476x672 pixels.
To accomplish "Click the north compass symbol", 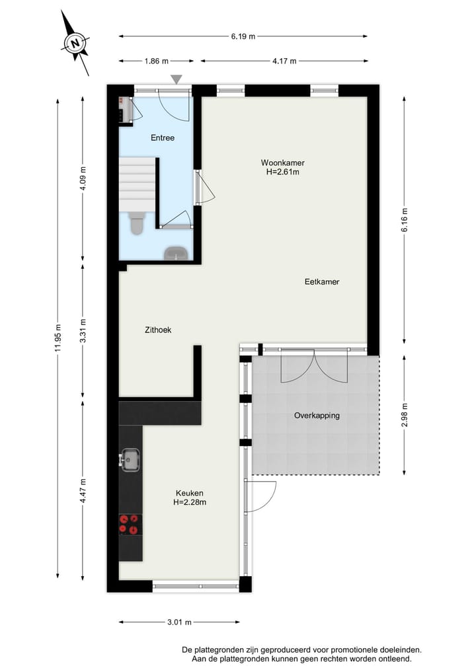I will pyautogui.click(x=75, y=44).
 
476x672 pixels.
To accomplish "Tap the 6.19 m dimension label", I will pyautogui.click(x=243, y=37).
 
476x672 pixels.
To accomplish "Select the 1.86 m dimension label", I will pyautogui.click(x=156, y=61).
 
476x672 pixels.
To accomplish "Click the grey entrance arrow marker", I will pyautogui.click(x=176, y=79).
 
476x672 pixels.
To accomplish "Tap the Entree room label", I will pyautogui.click(x=163, y=138).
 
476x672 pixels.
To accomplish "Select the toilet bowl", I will pyautogui.click(x=137, y=225).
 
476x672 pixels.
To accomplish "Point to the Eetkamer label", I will pyautogui.click(x=322, y=281).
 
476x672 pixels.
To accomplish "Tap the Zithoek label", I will pyautogui.click(x=158, y=330).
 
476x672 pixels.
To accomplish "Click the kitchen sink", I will pyautogui.click(x=130, y=459).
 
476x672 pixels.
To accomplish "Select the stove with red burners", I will pyautogui.click(x=130, y=524).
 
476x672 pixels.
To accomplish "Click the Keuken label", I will pyautogui.click(x=190, y=498).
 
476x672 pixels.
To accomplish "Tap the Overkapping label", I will pyautogui.click(x=317, y=416).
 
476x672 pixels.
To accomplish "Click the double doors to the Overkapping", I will pyautogui.click(x=315, y=367).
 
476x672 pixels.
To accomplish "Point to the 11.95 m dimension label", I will pyautogui.click(x=58, y=337).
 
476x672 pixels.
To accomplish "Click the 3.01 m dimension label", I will pyautogui.click(x=178, y=622).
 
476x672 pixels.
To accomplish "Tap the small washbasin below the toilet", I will pyautogui.click(x=176, y=253).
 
